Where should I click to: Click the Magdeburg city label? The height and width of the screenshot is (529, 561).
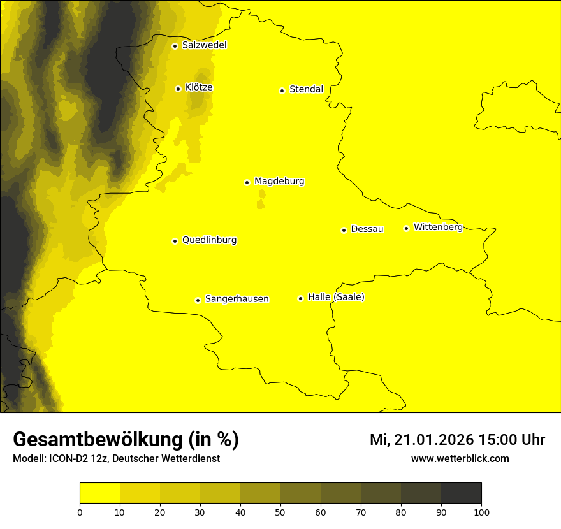279,182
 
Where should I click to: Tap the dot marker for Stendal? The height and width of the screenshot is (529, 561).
282,91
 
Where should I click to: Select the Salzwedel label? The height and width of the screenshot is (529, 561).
204,45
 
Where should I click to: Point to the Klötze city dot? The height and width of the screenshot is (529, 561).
178,89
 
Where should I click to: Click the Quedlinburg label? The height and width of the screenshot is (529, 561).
209,240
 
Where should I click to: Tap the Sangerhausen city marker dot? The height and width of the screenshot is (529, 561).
198,300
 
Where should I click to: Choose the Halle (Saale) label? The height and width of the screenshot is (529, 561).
336,297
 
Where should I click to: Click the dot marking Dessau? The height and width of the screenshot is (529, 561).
344,230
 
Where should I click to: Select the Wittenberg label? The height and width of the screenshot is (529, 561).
438,228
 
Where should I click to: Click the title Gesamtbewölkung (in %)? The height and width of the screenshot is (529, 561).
126,440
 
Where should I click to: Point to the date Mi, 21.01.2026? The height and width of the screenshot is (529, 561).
421,440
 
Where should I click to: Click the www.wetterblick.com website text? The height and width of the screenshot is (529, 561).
460,458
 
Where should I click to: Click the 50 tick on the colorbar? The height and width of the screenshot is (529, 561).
280,511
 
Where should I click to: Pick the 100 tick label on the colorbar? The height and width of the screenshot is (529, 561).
481,512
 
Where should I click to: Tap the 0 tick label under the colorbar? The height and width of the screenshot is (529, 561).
80,512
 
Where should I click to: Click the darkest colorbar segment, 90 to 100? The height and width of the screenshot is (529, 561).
461,493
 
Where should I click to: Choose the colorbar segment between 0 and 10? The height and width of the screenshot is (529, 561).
99,493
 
